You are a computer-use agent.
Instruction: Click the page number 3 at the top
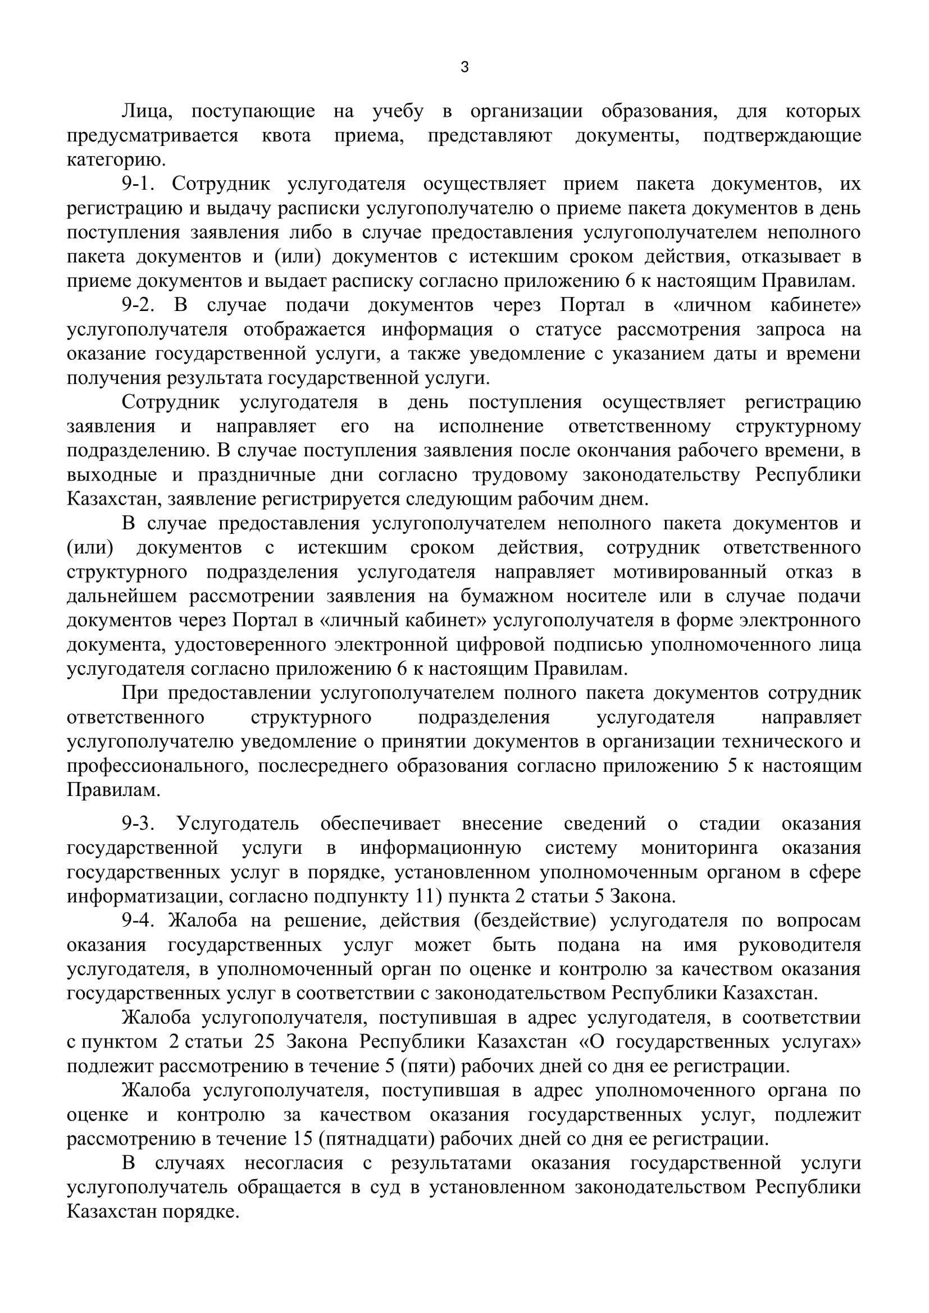pos(464,67)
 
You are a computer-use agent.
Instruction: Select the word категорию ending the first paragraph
pos(116,160)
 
